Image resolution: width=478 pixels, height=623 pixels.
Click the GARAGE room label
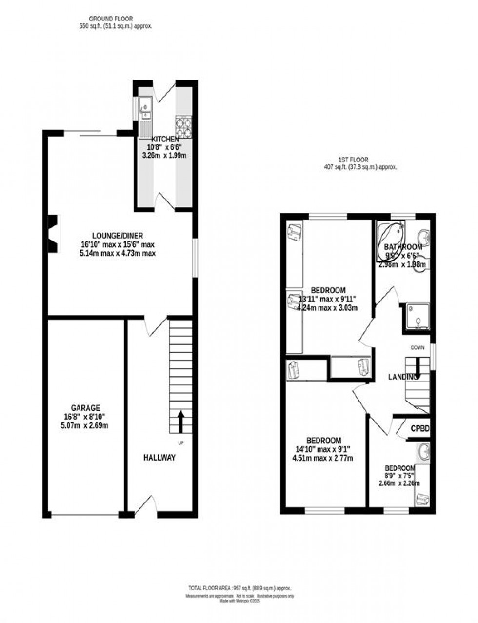tap(85, 408)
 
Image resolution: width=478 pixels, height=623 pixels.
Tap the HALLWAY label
tap(159, 458)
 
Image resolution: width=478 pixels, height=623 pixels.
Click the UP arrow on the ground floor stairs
tap(180, 421)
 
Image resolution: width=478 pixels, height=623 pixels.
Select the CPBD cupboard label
tap(420, 429)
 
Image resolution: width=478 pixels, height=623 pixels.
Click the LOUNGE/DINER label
tap(119, 236)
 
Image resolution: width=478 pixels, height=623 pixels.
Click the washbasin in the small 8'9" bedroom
tap(423, 452)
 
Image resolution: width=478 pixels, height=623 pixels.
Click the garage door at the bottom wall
tap(85, 514)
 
